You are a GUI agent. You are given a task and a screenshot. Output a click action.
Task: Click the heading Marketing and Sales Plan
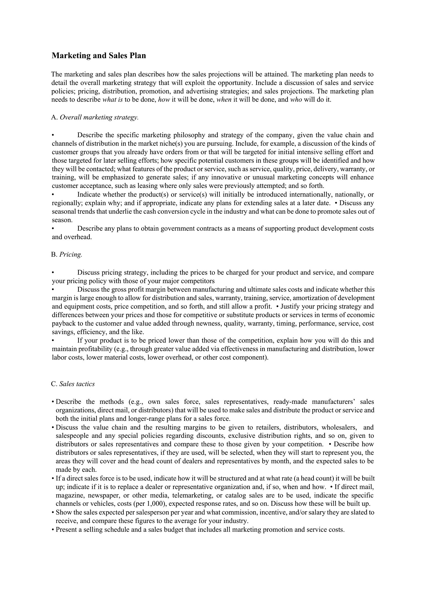pos(99,56)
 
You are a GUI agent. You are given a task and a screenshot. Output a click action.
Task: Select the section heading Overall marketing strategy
pos(99,117)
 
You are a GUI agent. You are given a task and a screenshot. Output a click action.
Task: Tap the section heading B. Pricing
pos(67,255)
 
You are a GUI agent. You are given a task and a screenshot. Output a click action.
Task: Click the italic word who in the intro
pos(296,100)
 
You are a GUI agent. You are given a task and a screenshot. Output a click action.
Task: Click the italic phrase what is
pos(112,100)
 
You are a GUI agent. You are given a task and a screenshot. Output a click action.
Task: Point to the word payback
pos(63,324)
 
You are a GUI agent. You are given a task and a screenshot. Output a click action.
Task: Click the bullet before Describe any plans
pos(53,229)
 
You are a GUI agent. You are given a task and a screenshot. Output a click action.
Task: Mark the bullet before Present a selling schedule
pos(53,530)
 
